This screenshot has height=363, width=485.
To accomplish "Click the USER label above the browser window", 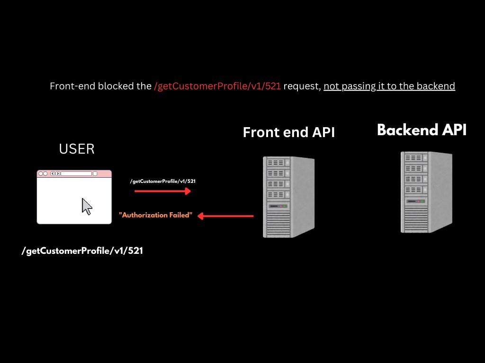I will [77, 149].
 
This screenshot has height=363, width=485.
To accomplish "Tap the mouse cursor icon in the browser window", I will [87, 207].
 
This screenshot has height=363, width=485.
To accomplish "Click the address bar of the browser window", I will [76, 173].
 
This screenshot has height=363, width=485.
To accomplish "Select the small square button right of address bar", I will [95, 173].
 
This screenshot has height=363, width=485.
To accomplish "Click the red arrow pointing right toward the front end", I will [162, 191].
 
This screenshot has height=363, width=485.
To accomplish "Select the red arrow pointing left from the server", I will [225, 216].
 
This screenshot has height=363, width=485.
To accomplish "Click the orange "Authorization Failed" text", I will [156, 215].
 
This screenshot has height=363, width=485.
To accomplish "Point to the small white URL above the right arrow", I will [163, 181].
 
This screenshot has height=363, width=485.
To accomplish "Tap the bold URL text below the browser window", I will [82, 251].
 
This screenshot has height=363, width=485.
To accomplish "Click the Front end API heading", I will [288, 132].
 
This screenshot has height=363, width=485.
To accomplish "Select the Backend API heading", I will [422, 130].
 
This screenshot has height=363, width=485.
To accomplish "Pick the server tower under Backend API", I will [426, 191].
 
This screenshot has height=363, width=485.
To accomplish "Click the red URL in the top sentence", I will [217, 86].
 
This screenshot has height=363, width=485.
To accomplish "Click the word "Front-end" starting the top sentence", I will [71, 86].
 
